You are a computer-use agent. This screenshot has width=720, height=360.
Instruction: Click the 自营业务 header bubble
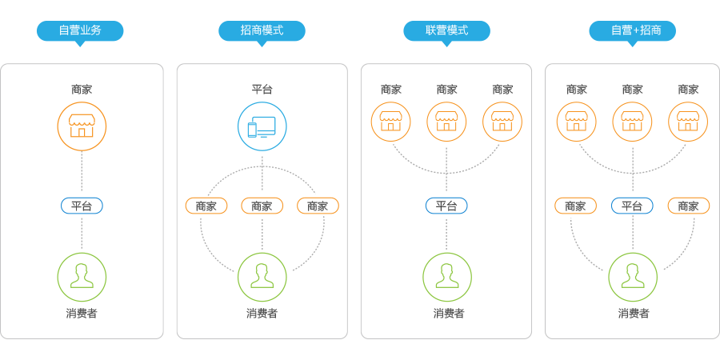pos(80,30)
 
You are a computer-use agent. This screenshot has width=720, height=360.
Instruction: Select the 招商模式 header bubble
pos(262,30)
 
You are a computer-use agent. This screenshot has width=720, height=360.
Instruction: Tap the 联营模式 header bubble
pos(446,30)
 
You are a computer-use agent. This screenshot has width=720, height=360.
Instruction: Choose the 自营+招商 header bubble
pos(632,30)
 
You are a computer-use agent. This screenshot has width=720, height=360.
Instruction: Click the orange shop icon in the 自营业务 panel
pos(82,126)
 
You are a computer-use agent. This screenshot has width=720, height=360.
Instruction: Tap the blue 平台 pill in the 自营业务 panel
pos(82,206)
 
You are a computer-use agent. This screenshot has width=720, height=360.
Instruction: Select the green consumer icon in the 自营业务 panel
pos(82,277)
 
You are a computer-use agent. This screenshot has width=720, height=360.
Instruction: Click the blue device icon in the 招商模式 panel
pos(262,126)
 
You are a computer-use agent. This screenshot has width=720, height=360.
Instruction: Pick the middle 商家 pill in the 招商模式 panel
pos(262,206)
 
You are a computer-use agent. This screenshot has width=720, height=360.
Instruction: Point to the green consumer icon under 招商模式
pos(262,277)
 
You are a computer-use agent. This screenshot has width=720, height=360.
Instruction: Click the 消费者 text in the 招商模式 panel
pos(262,314)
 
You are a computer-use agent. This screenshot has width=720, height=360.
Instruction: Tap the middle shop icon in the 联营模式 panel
pos(446,121)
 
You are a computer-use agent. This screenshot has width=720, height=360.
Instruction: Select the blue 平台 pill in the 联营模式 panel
pos(446,206)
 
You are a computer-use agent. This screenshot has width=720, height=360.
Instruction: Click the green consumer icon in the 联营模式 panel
pos(446,277)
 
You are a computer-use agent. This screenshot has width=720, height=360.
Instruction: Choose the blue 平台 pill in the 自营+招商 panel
pos(632,206)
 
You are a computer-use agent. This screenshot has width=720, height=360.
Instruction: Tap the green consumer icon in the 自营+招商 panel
pos(632,277)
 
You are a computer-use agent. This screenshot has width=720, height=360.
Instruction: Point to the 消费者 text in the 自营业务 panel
pos(82,314)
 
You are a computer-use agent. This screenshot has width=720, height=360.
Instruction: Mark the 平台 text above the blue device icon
pos(262,90)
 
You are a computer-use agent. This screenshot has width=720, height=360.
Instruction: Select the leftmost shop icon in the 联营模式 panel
pos(390,121)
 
